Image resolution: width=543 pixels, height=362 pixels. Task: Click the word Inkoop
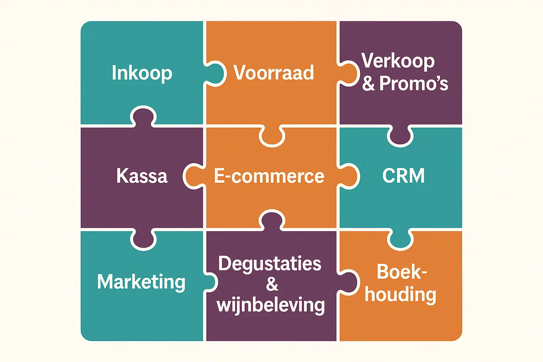pos(142,73)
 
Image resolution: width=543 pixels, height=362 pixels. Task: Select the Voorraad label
pos(274,72)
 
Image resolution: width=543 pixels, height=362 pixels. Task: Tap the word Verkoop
pos(398,60)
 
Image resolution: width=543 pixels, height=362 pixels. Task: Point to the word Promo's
pos(414,83)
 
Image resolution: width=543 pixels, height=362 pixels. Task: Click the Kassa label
pos(142,176)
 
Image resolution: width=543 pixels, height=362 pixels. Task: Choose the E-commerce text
pos(269,176)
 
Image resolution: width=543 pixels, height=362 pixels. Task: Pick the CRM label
pos(403,175)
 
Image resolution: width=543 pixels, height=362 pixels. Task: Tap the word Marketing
pos(141,282)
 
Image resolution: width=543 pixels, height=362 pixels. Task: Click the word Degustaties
pos(270,264)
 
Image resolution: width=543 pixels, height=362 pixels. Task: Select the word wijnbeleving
pos(270,305)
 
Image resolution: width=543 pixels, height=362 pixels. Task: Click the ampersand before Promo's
pos(368,83)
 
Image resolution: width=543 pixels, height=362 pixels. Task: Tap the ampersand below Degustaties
pos(272,284)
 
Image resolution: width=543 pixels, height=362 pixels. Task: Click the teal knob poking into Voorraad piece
pos(215,74)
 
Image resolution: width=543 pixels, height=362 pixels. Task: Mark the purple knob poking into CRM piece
pos(400,136)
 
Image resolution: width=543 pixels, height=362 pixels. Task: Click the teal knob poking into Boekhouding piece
pos(400,239)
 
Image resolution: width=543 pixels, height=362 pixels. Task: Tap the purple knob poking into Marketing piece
pos(143,239)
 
